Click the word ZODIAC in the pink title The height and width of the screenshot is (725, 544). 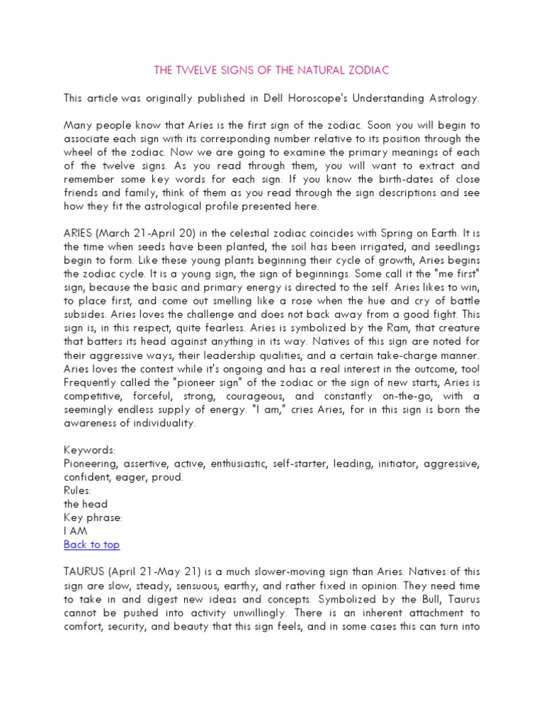tap(364, 71)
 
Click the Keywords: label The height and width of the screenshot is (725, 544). tap(89, 450)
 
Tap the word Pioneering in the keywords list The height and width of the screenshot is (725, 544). tap(91, 464)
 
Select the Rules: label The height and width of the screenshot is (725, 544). tap(78, 491)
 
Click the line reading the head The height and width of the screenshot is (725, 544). tap(86, 504)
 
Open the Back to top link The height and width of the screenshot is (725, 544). tap(91, 544)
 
